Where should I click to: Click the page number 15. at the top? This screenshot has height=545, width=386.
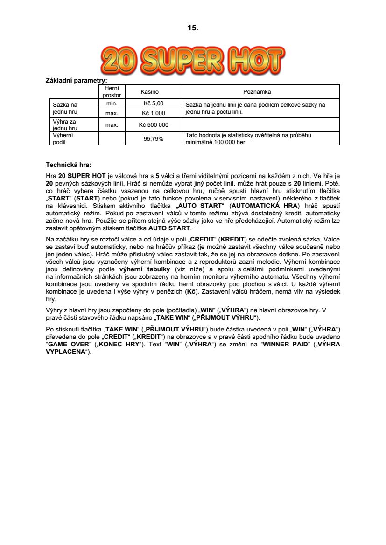point(193,28)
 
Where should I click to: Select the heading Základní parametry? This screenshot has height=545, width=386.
point(77,81)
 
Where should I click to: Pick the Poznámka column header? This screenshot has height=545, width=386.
point(260,91)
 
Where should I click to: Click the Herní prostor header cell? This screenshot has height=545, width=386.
point(112,91)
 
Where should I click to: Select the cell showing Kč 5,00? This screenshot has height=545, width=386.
point(153,103)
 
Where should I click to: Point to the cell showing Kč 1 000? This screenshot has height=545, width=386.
point(153,113)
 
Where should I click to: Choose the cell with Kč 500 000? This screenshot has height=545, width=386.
point(153,125)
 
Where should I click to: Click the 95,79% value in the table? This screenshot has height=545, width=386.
point(153,138)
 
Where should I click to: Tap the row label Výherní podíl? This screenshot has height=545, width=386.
point(63,138)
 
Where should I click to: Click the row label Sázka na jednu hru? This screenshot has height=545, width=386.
point(65,108)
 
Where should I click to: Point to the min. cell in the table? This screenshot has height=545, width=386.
point(112,103)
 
